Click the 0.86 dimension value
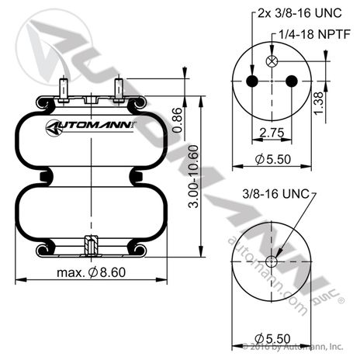coord(178,120)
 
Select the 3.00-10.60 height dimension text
coord(194,177)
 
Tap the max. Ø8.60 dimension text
coord(92,272)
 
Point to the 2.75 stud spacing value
coord(272,133)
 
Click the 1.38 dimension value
coord(318,102)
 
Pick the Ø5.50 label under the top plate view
coord(273,159)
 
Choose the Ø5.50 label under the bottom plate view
coord(272,339)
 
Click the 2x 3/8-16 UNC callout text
coord(299,13)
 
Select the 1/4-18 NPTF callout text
coord(314,34)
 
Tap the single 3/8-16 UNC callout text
coord(275,194)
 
